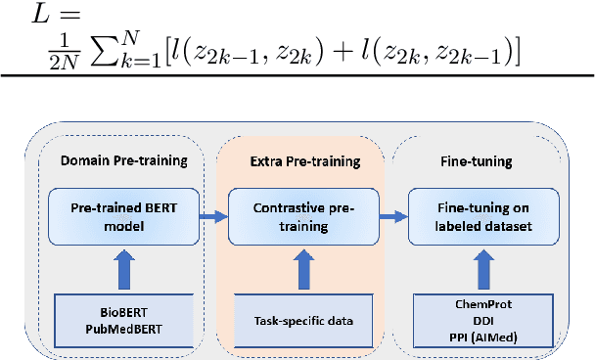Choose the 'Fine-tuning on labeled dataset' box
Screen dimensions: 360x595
[x=483, y=215]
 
